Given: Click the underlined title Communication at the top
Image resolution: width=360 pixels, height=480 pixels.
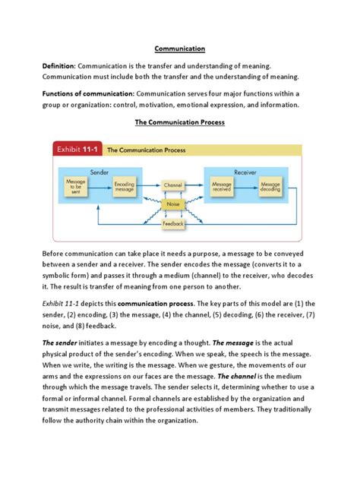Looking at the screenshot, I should coord(179,49).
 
